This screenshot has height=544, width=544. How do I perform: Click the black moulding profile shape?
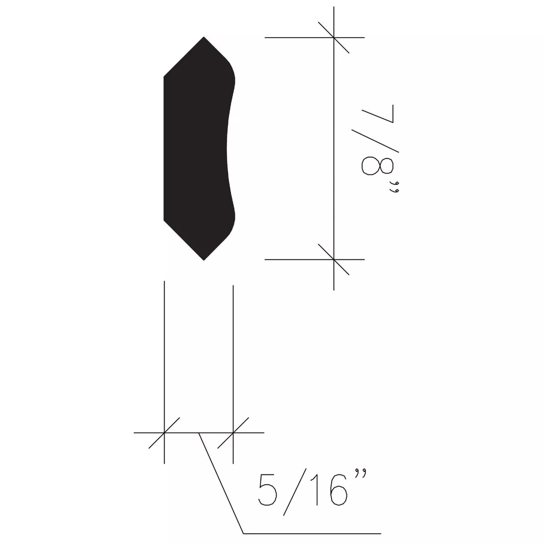point(195,150)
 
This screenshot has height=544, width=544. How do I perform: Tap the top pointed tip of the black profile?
point(204,38)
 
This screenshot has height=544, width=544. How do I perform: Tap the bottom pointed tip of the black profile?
point(204,259)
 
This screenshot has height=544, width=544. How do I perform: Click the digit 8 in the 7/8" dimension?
point(377,165)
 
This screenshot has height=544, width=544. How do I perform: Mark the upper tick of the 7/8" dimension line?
point(334,37)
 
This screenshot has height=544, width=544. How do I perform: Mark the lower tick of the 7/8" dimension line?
point(334,259)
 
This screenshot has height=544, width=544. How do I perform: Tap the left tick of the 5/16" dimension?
point(164,433)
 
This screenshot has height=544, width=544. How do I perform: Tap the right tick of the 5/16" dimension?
point(233,433)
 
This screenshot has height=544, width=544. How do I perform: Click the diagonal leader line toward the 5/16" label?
point(221,483)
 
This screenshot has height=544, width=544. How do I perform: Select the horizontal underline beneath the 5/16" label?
point(313,533)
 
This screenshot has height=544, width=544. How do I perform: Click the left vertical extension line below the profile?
point(164,354)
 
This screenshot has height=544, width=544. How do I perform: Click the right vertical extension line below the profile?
point(233,354)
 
